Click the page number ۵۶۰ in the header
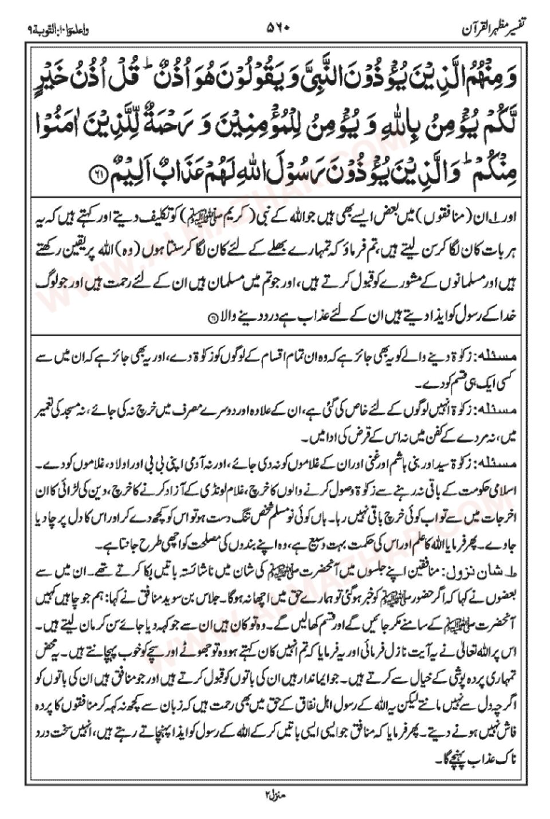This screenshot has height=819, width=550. coord(279,26)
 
